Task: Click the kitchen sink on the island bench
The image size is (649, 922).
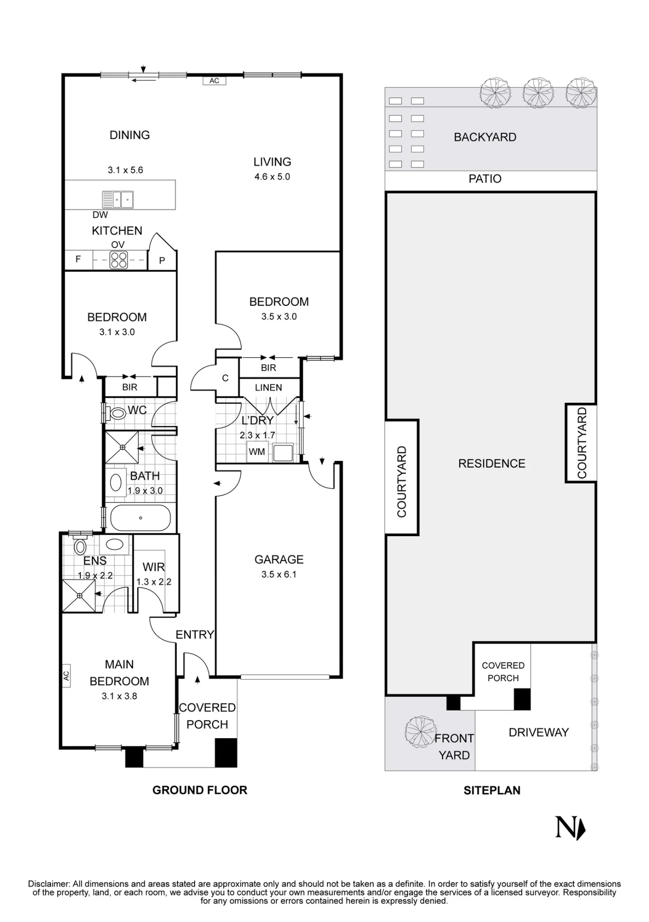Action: tap(118, 200)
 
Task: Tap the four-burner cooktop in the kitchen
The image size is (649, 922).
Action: tap(119, 260)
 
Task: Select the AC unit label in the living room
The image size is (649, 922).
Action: tap(214, 81)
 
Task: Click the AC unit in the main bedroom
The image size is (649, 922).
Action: tap(66, 676)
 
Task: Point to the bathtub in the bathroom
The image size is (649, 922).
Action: tap(141, 518)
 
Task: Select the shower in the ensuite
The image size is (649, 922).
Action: tap(79, 596)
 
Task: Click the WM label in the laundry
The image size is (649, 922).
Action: tap(257, 452)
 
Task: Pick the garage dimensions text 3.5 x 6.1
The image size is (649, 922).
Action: tap(279, 574)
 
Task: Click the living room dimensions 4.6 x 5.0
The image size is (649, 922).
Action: tap(272, 177)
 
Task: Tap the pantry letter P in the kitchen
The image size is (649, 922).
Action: tap(162, 261)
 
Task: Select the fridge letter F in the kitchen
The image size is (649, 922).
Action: tap(78, 259)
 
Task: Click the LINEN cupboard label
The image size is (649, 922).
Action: tap(268, 388)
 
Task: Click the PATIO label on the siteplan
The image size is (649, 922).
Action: tap(485, 179)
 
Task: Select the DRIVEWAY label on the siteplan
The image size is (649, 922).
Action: tap(539, 733)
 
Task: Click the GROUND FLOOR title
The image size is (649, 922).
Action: tap(200, 790)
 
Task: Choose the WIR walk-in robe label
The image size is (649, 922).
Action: tap(154, 567)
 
